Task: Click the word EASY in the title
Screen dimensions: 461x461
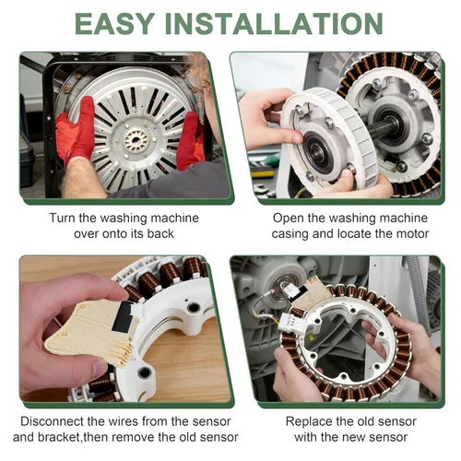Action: [x=114, y=24]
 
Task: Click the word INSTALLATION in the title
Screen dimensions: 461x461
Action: [x=274, y=24]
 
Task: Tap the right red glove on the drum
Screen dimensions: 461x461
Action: [x=190, y=140]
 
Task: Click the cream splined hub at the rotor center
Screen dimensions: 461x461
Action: [x=136, y=141]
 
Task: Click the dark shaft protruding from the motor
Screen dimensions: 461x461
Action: [x=381, y=127]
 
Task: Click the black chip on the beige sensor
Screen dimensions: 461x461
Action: [x=122, y=316]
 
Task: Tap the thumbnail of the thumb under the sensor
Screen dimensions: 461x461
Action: [x=100, y=367]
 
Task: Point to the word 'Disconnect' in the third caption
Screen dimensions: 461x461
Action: [x=52, y=421]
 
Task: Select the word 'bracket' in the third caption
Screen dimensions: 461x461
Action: [x=59, y=437]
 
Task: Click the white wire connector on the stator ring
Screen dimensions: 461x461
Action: [x=290, y=324]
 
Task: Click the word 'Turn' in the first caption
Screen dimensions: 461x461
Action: [x=62, y=218]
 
